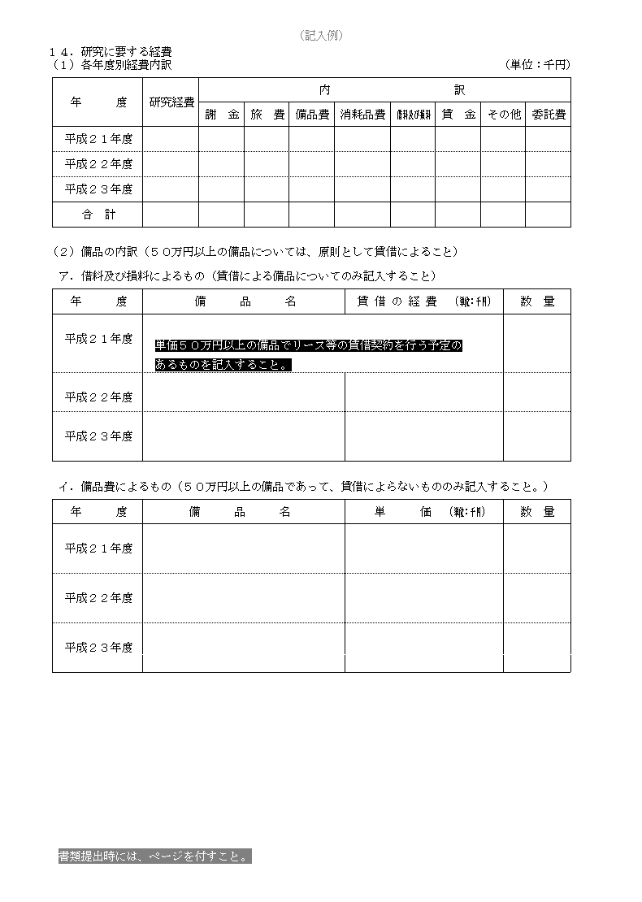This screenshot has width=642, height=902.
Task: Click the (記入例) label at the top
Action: (x=321, y=35)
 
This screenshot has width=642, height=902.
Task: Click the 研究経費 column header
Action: (x=171, y=102)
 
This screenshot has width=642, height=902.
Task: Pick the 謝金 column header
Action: (x=222, y=115)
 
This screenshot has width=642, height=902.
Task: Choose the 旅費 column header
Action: (x=267, y=115)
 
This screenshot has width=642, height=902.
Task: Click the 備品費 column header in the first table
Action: (x=311, y=115)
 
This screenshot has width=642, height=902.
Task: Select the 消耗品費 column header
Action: (x=362, y=115)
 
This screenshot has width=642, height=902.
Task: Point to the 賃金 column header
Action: (x=458, y=115)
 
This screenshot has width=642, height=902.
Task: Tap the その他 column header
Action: (x=503, y=115)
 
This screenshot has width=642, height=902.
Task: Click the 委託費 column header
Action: (x=548, y=115)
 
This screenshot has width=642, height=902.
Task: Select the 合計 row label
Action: (x=98, y=215)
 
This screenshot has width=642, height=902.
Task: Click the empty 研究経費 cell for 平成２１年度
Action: (x=171, y=139)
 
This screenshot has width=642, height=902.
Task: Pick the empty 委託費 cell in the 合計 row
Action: (x=548, y=215)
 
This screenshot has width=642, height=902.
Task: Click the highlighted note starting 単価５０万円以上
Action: (x=309, y=355)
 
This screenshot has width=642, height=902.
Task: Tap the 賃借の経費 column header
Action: (x=423, y=301)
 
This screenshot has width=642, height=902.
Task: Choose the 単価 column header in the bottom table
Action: (x=423, y=512)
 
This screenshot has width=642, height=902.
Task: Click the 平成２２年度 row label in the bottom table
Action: (x=98, y=598)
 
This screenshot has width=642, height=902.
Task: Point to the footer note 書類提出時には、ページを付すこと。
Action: (x=154, y=856)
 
